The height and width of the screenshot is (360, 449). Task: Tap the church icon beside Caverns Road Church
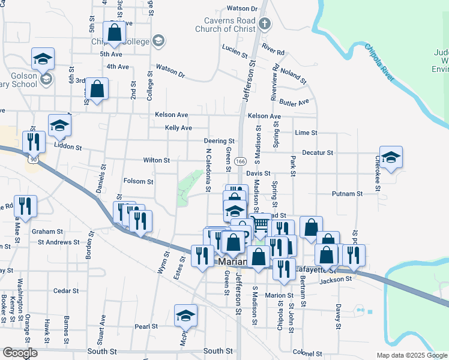click(x=265, y=25)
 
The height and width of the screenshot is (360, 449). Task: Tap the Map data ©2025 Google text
click(x=412, y=355)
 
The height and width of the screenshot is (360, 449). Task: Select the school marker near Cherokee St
click(x=391, y=157)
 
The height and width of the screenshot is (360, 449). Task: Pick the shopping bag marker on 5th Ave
click(x=114, y=32)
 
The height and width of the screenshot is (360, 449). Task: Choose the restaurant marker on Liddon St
click(x=34, y=142)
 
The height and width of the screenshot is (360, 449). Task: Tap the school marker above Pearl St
click(x=185, y=315)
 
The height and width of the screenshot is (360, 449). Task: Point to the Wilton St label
click(x=157, y=160)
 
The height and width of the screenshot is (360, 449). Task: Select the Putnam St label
click(x=348, y=194)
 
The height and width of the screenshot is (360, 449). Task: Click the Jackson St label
click(x=335, y=280)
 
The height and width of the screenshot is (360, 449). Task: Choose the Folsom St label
click(x=138, y=181)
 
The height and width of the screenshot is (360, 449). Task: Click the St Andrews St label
click(x=59, y=242)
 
